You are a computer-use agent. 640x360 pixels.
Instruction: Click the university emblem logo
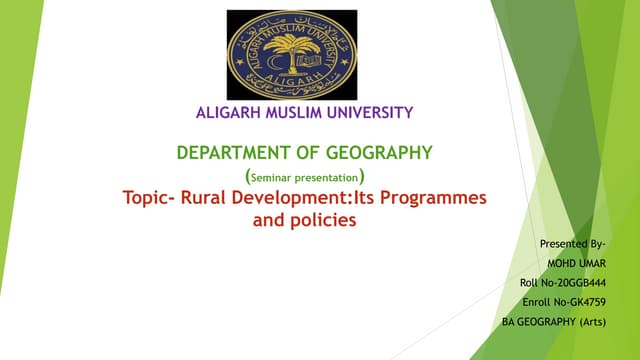point(291,54)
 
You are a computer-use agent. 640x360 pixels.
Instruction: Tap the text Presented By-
point(573,244)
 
